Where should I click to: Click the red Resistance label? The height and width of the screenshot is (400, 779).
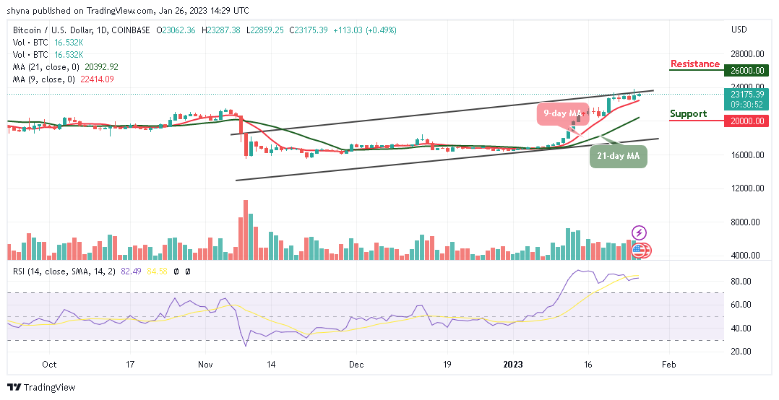coord(694,64)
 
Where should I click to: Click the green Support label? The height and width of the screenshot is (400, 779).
coord(688,113)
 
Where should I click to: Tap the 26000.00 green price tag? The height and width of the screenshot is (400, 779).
coord(747,71)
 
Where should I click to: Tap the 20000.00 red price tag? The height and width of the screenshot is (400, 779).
coord(747,121)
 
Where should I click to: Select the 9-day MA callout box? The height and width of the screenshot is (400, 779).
coord(561,113)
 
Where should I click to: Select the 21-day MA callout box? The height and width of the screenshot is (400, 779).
coord(618,155)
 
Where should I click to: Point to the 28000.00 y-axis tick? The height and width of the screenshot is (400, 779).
coord(746,54)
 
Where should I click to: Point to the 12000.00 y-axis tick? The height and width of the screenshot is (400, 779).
coord(746,188)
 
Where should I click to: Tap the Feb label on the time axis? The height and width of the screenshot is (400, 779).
coord(669,365)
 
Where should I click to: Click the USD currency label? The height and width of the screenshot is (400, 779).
coord(739,30)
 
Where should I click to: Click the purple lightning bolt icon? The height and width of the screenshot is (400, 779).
coord(640,232)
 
